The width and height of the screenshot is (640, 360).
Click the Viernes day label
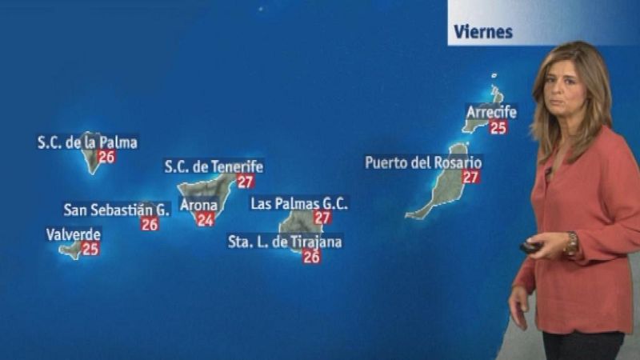482,33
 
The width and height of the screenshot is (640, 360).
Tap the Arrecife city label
491,112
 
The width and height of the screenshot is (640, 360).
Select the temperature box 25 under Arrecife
498,127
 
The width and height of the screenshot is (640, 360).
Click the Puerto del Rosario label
423,162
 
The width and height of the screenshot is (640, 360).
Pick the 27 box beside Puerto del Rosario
471,177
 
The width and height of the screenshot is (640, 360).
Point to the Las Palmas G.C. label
299,203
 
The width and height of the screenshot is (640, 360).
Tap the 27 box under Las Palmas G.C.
322,218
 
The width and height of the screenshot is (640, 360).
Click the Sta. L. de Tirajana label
285,242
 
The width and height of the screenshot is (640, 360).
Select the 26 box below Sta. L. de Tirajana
312,257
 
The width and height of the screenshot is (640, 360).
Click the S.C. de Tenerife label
214,167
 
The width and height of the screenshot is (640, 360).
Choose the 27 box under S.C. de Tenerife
246,182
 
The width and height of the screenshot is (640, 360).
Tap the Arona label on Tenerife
198,206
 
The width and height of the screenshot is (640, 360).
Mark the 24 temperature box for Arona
206,220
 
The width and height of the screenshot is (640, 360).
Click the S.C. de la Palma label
87,143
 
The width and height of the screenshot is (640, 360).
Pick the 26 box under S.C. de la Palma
106,157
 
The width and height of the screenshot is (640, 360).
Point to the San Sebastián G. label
117,210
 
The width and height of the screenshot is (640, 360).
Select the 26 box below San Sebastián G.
150,225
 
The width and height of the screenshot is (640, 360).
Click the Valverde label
73,234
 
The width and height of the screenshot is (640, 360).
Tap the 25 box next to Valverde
90,249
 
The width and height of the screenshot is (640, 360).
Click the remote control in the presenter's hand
530,247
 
